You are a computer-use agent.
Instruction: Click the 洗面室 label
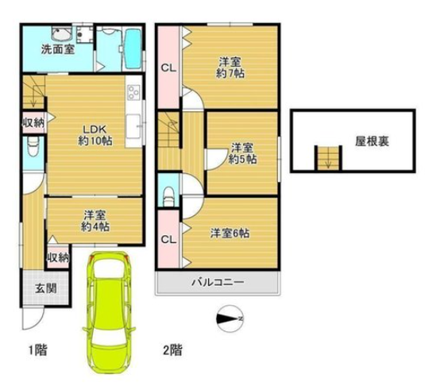[58, 49]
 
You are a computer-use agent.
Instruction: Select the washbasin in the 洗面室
[62, 34]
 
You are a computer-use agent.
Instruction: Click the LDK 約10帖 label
[95, 135]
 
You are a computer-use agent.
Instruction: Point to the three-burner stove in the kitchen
[134, 92]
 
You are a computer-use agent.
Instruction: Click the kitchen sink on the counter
[133, 126]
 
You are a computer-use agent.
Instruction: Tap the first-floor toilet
[33, 146]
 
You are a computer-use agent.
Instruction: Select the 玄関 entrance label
[46, 288]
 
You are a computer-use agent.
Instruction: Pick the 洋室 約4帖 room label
[95, 221]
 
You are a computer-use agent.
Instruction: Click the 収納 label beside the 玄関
[58, 257]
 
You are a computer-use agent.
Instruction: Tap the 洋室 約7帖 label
[230, 68]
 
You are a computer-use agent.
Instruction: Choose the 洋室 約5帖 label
[242, 153]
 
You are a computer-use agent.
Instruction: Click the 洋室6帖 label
[230, 234]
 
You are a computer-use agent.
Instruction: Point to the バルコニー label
[218, 283]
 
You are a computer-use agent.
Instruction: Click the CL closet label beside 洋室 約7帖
[168, 68]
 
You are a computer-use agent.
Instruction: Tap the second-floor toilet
[168, 195]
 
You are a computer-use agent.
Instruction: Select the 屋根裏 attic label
[372, 141]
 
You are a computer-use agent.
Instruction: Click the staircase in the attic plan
[328, 158]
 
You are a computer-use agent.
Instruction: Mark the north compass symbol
[230, 318]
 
